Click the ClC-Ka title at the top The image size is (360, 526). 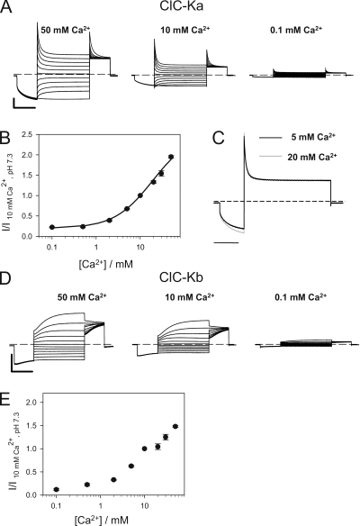[181, 6]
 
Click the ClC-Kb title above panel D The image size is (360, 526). [181, 277]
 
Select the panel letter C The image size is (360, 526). [219, 138]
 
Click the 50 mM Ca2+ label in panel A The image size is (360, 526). [66, 30]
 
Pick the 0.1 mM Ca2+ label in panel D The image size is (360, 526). [301, 297]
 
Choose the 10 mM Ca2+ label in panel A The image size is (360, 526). [185, 30]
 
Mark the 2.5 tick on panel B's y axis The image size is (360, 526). [30, 134]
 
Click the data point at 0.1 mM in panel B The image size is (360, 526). [52, 227]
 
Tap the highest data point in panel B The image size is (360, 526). [171, 157]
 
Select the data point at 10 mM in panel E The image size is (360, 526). [145, 449]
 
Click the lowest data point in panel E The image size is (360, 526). [57, 489]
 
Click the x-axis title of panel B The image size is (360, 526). [106, 264]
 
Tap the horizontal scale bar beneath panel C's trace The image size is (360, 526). [226, 242]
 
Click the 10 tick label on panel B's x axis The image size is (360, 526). [140, 248]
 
